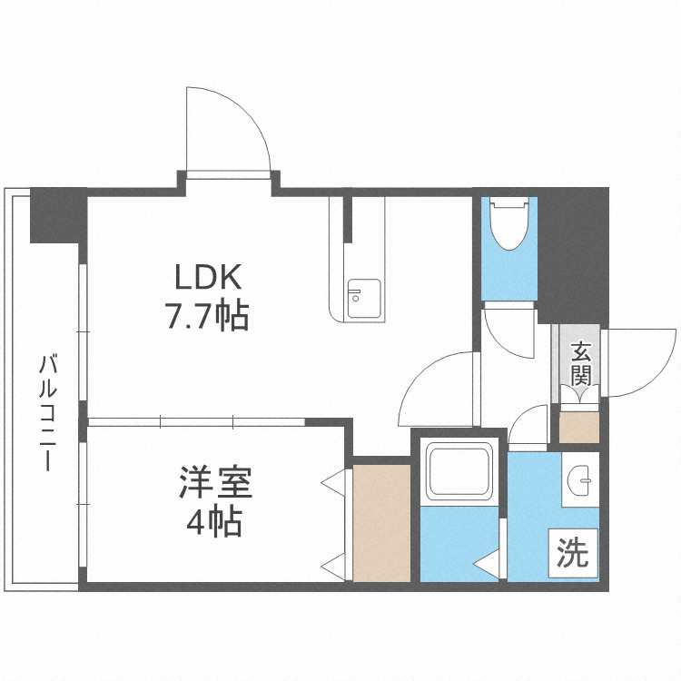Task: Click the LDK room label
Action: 204,277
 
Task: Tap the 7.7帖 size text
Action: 206,316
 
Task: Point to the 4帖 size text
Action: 214,522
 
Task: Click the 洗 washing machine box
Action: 573,551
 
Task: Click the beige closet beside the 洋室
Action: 381,522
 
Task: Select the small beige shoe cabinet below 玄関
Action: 578,428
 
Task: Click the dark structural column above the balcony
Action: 57,214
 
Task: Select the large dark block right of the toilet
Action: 572,254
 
